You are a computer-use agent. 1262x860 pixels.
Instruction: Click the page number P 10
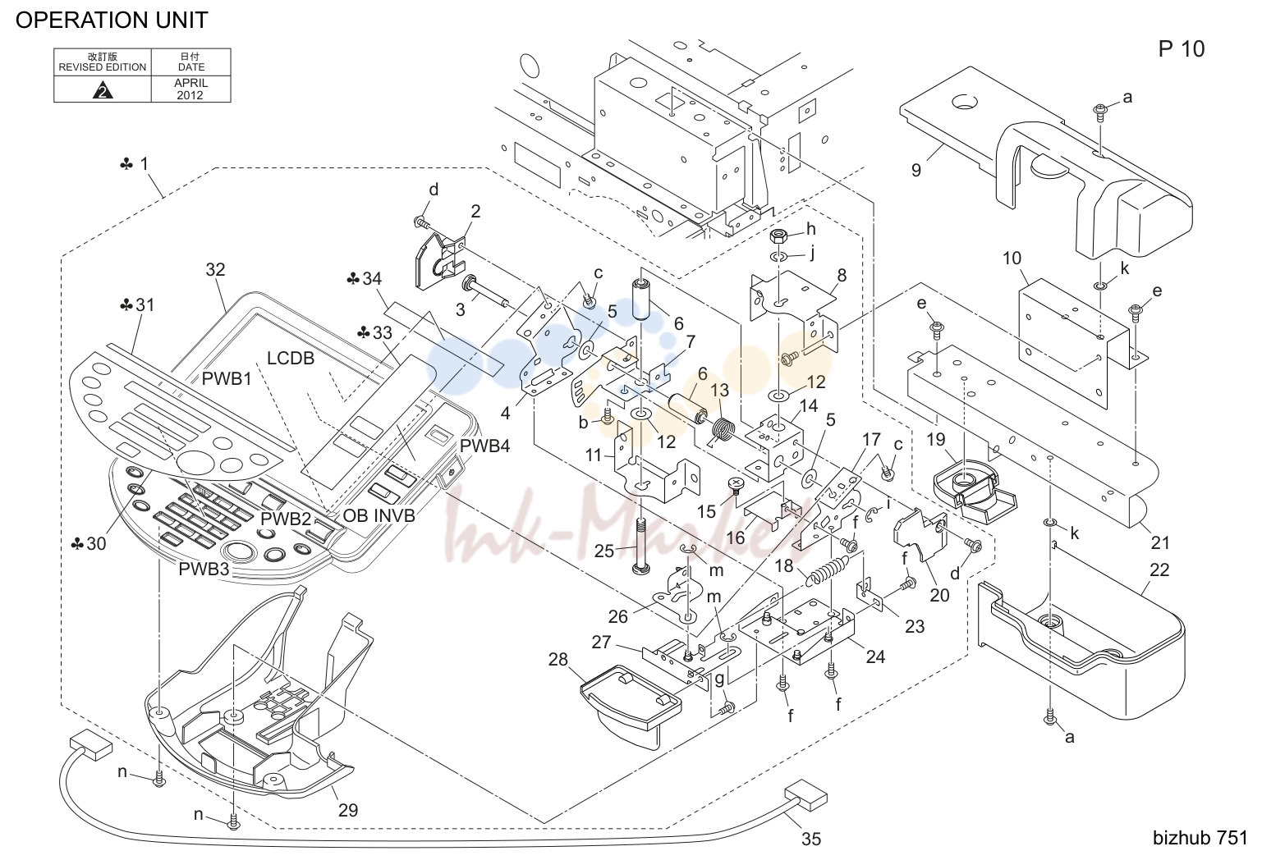tap(1181, 49)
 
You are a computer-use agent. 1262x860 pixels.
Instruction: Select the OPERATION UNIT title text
tap(112, 21)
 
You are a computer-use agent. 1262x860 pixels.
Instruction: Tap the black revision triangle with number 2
tap(103, 90)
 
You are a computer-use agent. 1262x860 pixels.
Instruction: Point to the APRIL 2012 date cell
tap(190, 89)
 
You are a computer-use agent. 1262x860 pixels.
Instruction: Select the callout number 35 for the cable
tap(810, 839)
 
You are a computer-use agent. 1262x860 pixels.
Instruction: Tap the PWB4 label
tap(484, 446)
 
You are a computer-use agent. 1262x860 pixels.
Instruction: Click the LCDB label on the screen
tap(290, 358)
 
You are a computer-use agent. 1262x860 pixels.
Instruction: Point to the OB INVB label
tap(379, 515)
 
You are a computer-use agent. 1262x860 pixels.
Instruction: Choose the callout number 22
tap(1159, 570)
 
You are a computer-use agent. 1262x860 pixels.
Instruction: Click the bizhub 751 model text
tap(1200, 838)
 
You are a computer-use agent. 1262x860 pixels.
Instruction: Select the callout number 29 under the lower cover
tap(347, 810)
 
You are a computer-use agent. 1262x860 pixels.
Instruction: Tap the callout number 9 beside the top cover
tap(916, 170)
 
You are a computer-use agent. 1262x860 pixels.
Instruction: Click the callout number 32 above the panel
tap(215, 269)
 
